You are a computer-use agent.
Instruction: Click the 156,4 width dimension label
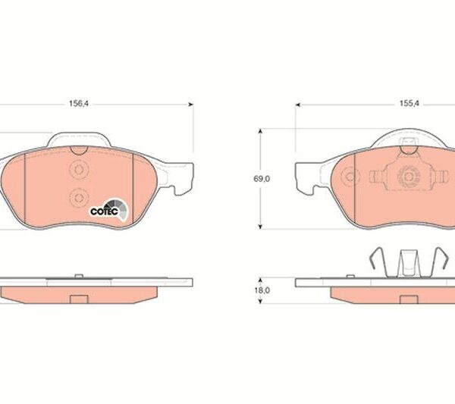click(79, 104)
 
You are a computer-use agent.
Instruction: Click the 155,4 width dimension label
click(409, 104)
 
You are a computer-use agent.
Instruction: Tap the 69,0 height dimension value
click(262, 179)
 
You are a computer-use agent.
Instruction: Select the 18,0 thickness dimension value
click(262, 290)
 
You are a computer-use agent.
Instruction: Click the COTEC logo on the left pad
click(108, 209)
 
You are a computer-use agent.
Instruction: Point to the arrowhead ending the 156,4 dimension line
click(190, 105)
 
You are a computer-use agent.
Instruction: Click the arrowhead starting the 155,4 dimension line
click(298, 105)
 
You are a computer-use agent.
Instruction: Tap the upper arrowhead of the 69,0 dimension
click(260, 131)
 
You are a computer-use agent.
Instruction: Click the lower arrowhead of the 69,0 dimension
click(260, 226)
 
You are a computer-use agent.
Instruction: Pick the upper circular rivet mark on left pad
click(78, 169)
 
